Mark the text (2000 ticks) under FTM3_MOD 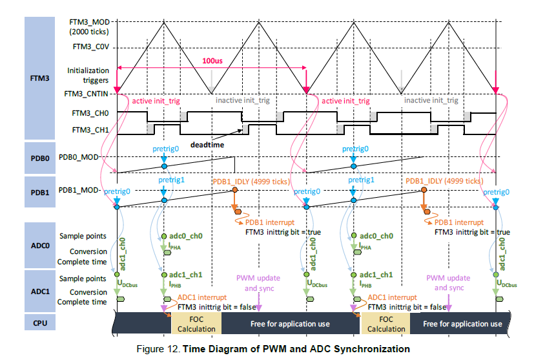click(90, 31)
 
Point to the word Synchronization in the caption click(373, 349)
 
